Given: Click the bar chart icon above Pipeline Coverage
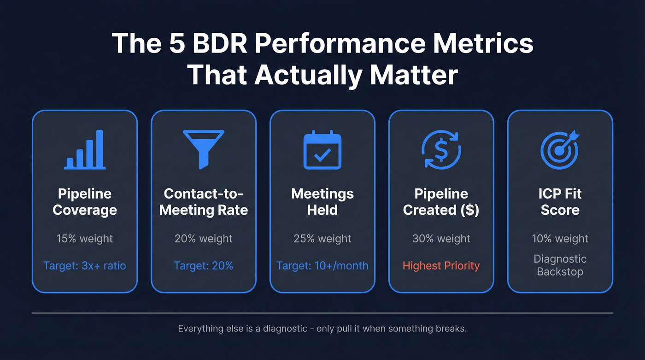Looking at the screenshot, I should coord(85,150).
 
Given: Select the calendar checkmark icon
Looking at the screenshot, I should coord(322,150).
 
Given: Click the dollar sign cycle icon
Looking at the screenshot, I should coord(441,150).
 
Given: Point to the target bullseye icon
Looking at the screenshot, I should coord(560,150).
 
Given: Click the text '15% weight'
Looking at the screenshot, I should coord(85,239).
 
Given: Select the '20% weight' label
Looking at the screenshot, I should coord(204,239).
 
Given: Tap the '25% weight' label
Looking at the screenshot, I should coord(322,239).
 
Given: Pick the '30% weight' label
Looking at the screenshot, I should coord(441,239).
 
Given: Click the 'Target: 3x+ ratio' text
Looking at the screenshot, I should coord(85,266).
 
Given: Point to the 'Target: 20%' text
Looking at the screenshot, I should coord(204,266).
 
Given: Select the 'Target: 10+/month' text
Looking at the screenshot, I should coord(322,266).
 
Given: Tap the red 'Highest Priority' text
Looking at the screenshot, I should coord(441,266).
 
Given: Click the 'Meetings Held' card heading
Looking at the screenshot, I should coord(322,202).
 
